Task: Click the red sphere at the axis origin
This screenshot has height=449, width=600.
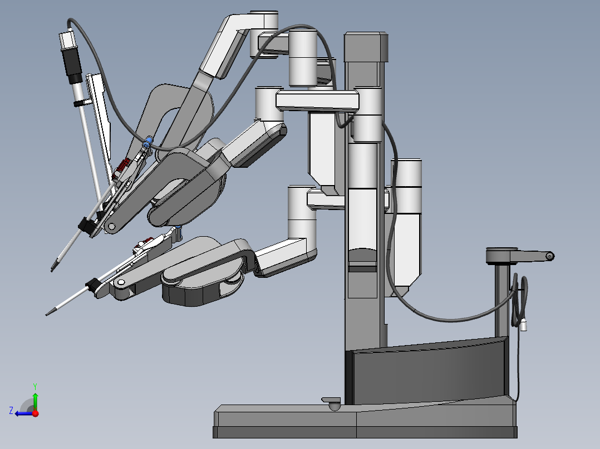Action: pos(35,413)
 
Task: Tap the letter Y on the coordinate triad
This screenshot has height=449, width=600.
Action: pos(35,385)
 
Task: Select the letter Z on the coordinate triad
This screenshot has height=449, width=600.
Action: pos(11,410)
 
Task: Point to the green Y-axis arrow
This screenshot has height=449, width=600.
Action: pos(35,400)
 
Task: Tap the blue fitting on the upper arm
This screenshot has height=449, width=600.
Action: pos(147,143)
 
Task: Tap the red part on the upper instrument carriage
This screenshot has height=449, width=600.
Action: pos(124,164)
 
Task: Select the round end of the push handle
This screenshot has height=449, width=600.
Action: pos(549,256)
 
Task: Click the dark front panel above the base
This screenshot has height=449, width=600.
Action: pos(429,372)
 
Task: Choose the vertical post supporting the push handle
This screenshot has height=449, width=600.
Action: pos(502,300)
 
